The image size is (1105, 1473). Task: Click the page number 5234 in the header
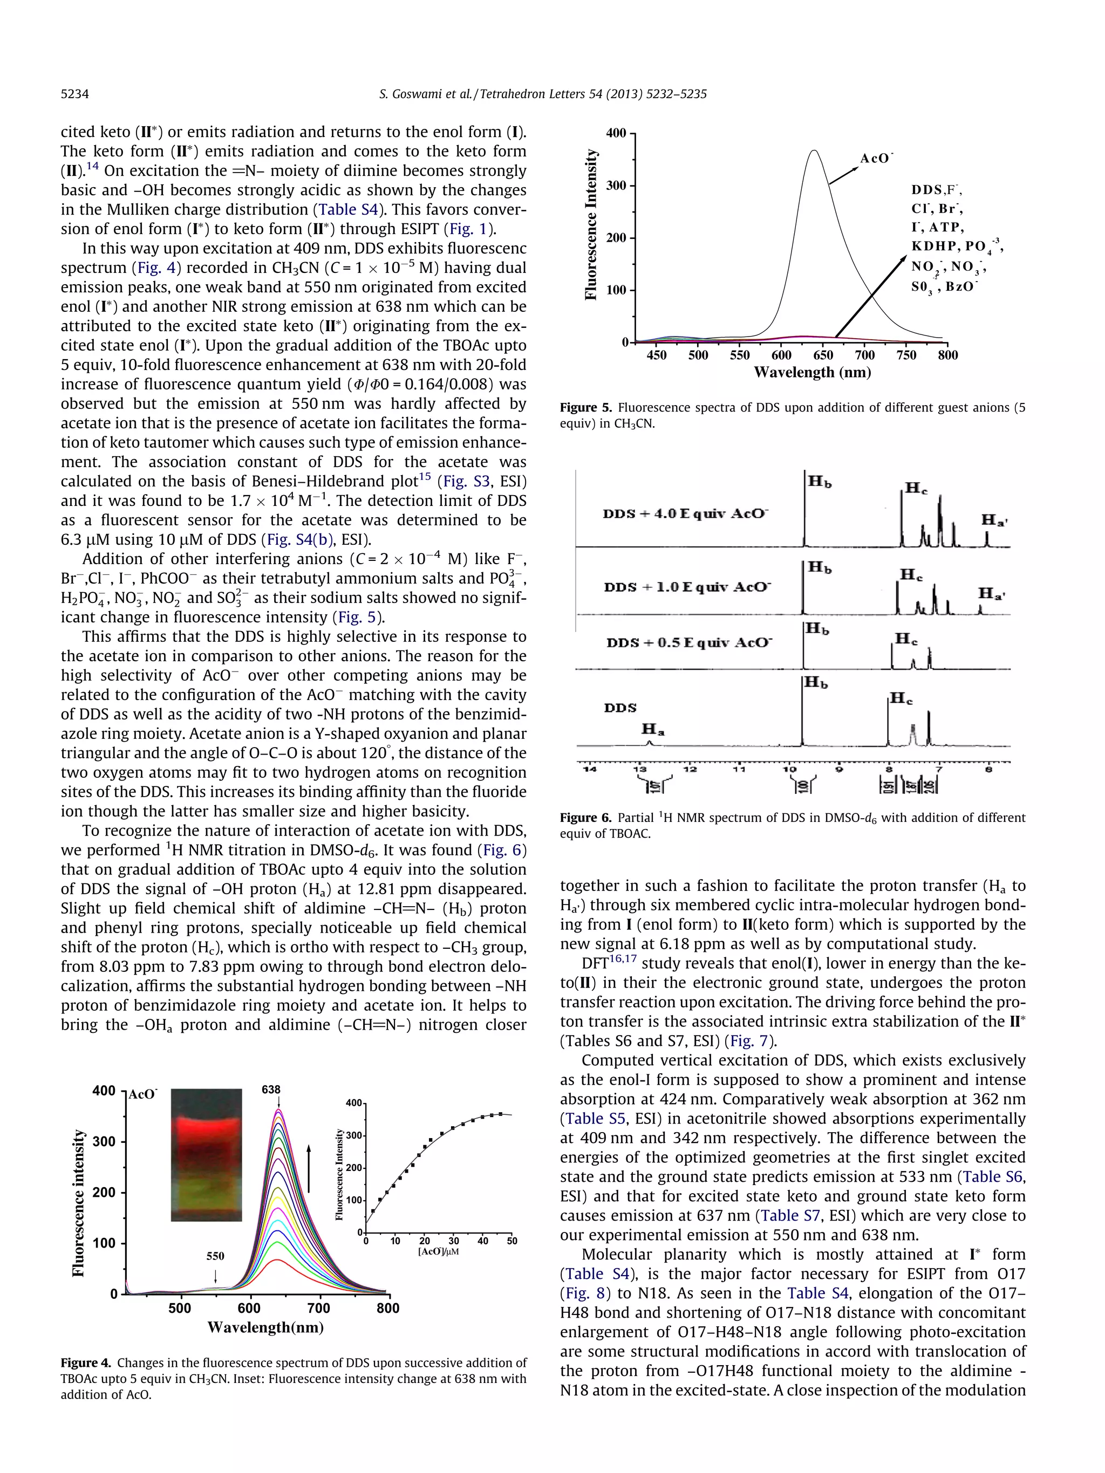tap(74, 94)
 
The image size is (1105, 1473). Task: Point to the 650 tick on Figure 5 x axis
tap(823, 355)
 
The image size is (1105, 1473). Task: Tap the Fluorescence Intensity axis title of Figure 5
tap(591, 224)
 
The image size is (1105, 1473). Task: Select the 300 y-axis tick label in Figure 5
tap(617, 185)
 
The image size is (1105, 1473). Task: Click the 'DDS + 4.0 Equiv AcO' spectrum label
tap(685, 514)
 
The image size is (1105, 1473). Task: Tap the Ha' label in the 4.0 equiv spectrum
tap(994, 520)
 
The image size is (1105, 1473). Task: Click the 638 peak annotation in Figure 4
tap(271, 1090)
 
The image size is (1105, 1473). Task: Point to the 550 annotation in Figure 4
tap(215, 1256)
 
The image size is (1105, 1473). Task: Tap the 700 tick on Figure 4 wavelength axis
tap(319, 1308)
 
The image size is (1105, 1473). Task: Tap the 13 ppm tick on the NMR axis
tap(639, 770)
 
